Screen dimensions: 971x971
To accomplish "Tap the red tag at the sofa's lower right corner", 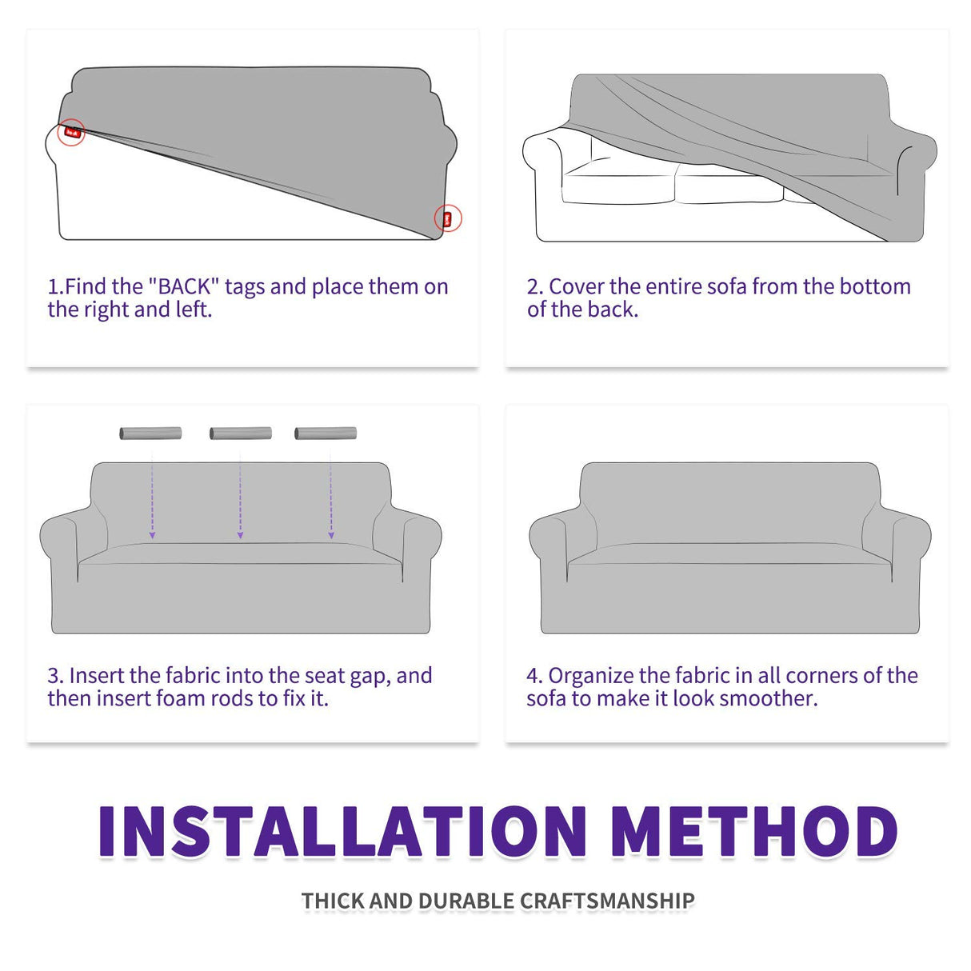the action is click(447, 219).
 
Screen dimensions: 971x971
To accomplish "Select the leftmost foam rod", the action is click(150, 433).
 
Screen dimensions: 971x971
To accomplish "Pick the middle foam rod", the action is click(241, 433).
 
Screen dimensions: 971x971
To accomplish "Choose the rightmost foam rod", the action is click(326, 433).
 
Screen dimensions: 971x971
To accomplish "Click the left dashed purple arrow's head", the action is click(152, 535).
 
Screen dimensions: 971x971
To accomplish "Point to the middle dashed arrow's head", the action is click(241, 535).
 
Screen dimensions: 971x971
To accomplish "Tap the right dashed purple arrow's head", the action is click(331, 535).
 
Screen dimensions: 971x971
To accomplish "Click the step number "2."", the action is click(535, 286).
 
